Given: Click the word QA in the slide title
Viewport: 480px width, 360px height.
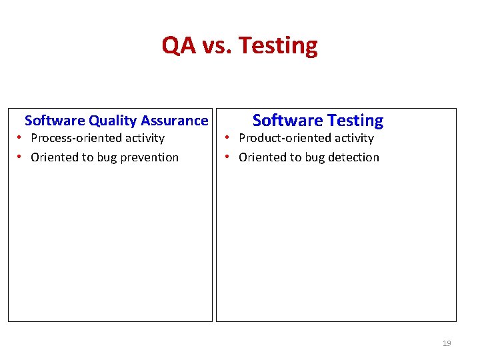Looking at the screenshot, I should pyautogui.click(x=179, y=45).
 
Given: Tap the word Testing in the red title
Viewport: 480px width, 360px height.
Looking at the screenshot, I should pyautogui.click(x=278, y=46).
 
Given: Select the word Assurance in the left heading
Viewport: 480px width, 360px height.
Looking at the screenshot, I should pyautogui.click(x=175, y=121).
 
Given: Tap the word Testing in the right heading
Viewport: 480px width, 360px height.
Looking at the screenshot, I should pyautogui.click(x=354, y=121).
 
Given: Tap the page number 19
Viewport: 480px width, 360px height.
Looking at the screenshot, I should pyautogui.click(x=447, y=343).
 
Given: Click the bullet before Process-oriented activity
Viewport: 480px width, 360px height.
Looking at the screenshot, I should pyautogui.click(x=21, y=138).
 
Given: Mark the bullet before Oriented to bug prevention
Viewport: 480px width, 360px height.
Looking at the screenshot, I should pyautogui.click(x=21, y=157).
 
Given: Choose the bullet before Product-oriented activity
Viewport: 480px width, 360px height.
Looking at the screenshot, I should pyautogui.click(x=228, y=138).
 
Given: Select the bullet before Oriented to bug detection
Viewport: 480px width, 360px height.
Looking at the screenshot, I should pyautogui.click(x=228, y=157).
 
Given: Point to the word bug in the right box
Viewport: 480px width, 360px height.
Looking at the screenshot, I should pyautogui.click(x=311, y=157).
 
